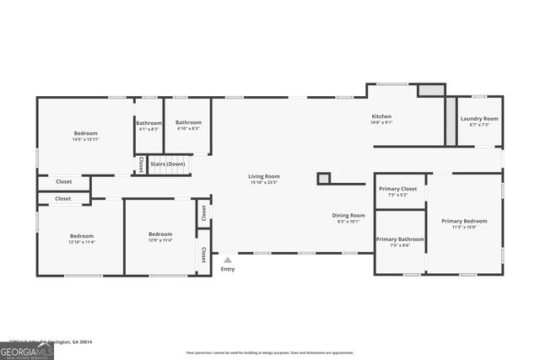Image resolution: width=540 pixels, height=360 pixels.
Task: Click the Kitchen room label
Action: [381, 116]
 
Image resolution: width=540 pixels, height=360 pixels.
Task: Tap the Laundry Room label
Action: [478, 119]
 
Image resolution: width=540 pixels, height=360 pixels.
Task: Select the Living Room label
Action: [263, 175]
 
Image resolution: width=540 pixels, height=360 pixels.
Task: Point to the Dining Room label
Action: [348, 215]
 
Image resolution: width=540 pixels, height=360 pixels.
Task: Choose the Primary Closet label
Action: [397, 189]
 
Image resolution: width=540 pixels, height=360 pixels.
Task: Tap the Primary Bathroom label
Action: [400, 239]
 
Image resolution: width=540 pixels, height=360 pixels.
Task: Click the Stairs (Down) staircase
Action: [169, 165]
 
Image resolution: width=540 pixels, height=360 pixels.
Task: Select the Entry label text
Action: [228, 269]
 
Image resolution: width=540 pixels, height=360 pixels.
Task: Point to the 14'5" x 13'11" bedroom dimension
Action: [85, 139]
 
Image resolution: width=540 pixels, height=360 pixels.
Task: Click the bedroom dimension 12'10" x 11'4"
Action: [82, 242]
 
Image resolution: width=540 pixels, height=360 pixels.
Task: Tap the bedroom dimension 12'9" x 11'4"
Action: [160, 240]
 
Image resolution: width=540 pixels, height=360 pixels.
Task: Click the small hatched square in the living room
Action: [323, 178]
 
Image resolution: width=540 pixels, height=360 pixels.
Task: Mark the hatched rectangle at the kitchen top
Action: [431, 89]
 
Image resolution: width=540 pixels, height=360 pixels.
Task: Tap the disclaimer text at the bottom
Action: [270, 352]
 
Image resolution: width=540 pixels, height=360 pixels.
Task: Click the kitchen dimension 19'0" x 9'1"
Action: [381, 123]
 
